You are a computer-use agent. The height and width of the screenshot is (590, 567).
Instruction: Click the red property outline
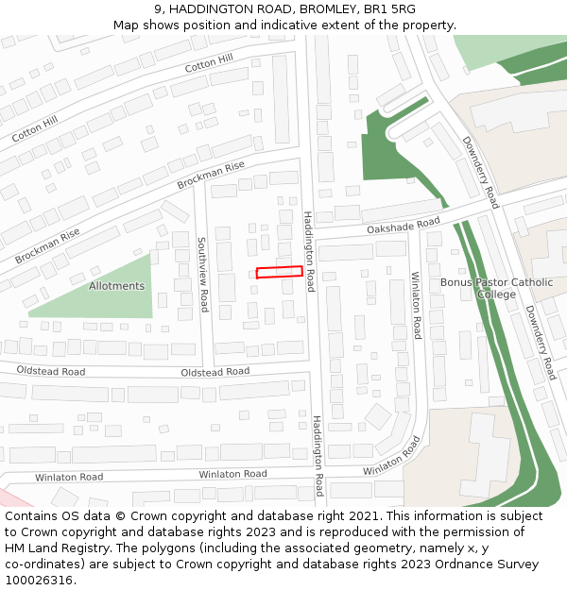(x=280, y=272)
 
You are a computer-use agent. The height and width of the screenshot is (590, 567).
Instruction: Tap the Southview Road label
(x=203, y=275)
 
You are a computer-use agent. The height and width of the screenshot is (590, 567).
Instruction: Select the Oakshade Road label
(x=404, y=227)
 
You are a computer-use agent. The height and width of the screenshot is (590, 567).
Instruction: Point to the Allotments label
(x=116, y=286)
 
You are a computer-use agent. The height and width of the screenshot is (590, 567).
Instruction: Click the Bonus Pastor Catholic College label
(x=497, y=288)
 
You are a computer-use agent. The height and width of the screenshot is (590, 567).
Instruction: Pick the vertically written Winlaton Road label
(x=416, y=305)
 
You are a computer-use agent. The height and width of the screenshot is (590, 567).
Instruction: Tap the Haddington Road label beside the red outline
(x=309, y=250)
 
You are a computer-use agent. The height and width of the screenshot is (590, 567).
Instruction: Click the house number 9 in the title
(x=156, y=9)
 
